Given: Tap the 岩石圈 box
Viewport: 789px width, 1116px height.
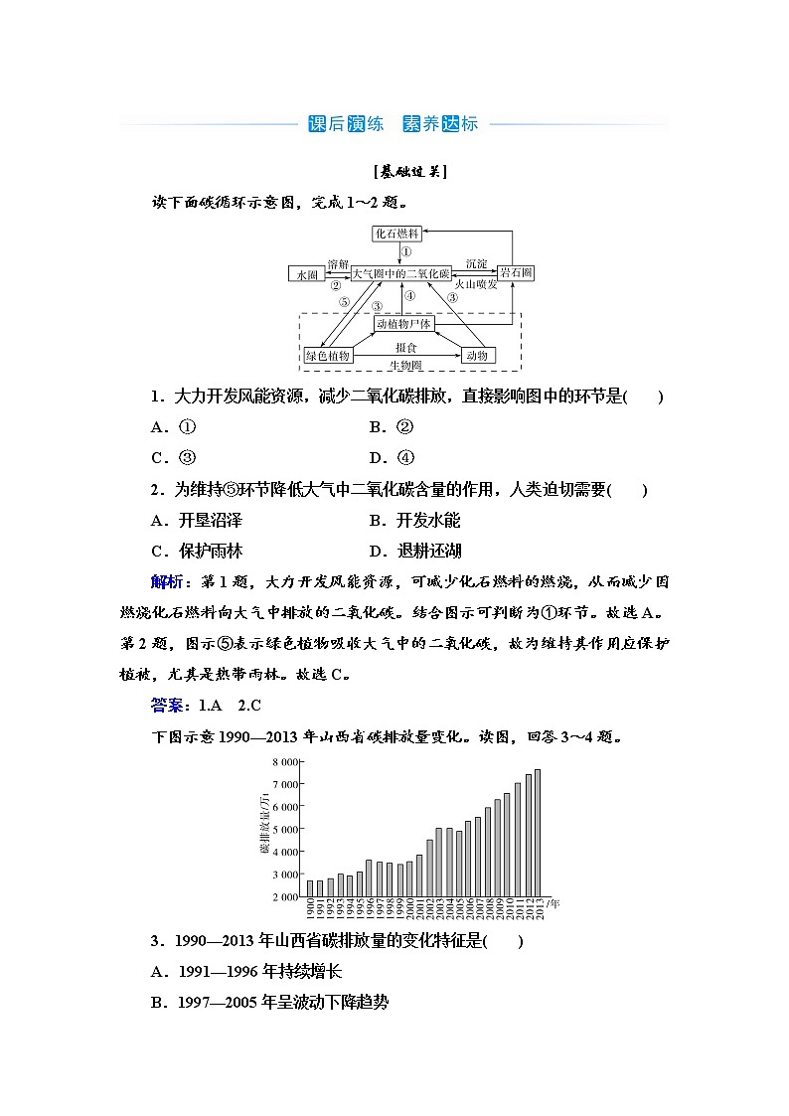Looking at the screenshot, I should click(517, 272).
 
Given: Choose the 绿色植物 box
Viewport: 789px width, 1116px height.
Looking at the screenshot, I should click(328, 356).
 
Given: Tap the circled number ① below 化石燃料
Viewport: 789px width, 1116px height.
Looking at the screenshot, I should click(406, 252).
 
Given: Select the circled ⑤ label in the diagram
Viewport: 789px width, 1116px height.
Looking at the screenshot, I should click(343, 301).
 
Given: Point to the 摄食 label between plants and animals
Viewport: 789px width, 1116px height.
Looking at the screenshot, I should click(404, 348).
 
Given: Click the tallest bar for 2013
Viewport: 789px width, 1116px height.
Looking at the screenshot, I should click(538, 833).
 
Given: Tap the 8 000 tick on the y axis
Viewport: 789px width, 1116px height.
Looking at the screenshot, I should click(285, 761).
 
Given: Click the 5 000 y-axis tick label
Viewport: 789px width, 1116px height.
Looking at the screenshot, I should click(285, 829).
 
